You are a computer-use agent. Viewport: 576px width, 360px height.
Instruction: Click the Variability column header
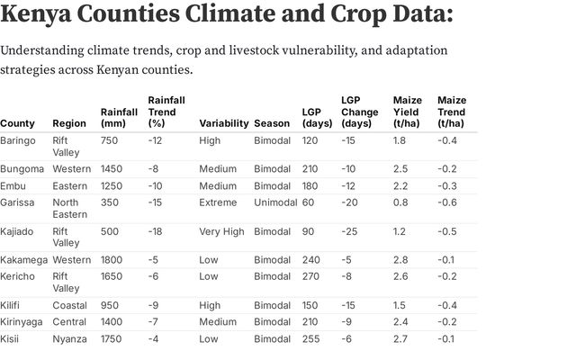223,123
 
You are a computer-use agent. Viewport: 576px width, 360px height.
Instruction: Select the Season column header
272,123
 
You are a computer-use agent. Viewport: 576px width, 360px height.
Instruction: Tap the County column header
18,123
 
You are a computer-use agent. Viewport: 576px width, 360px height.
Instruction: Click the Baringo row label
19,140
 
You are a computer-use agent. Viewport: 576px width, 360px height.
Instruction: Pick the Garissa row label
19,202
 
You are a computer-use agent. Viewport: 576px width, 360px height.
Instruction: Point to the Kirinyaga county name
22,321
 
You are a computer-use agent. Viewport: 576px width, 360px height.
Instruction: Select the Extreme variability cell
218,202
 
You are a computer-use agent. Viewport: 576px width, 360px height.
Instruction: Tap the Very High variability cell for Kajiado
221,231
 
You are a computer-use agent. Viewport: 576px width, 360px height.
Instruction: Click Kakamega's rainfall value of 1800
112,260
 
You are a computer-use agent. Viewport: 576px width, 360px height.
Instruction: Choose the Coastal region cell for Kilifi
69,305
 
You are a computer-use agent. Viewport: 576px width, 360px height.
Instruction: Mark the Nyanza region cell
69,338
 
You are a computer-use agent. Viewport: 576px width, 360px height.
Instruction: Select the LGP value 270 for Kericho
310,275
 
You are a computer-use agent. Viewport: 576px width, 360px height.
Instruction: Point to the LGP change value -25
350,231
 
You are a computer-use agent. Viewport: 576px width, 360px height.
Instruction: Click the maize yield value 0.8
400,202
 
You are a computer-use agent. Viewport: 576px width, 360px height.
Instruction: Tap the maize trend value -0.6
446,202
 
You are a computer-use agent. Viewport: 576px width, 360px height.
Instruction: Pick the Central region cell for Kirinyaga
69,321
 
